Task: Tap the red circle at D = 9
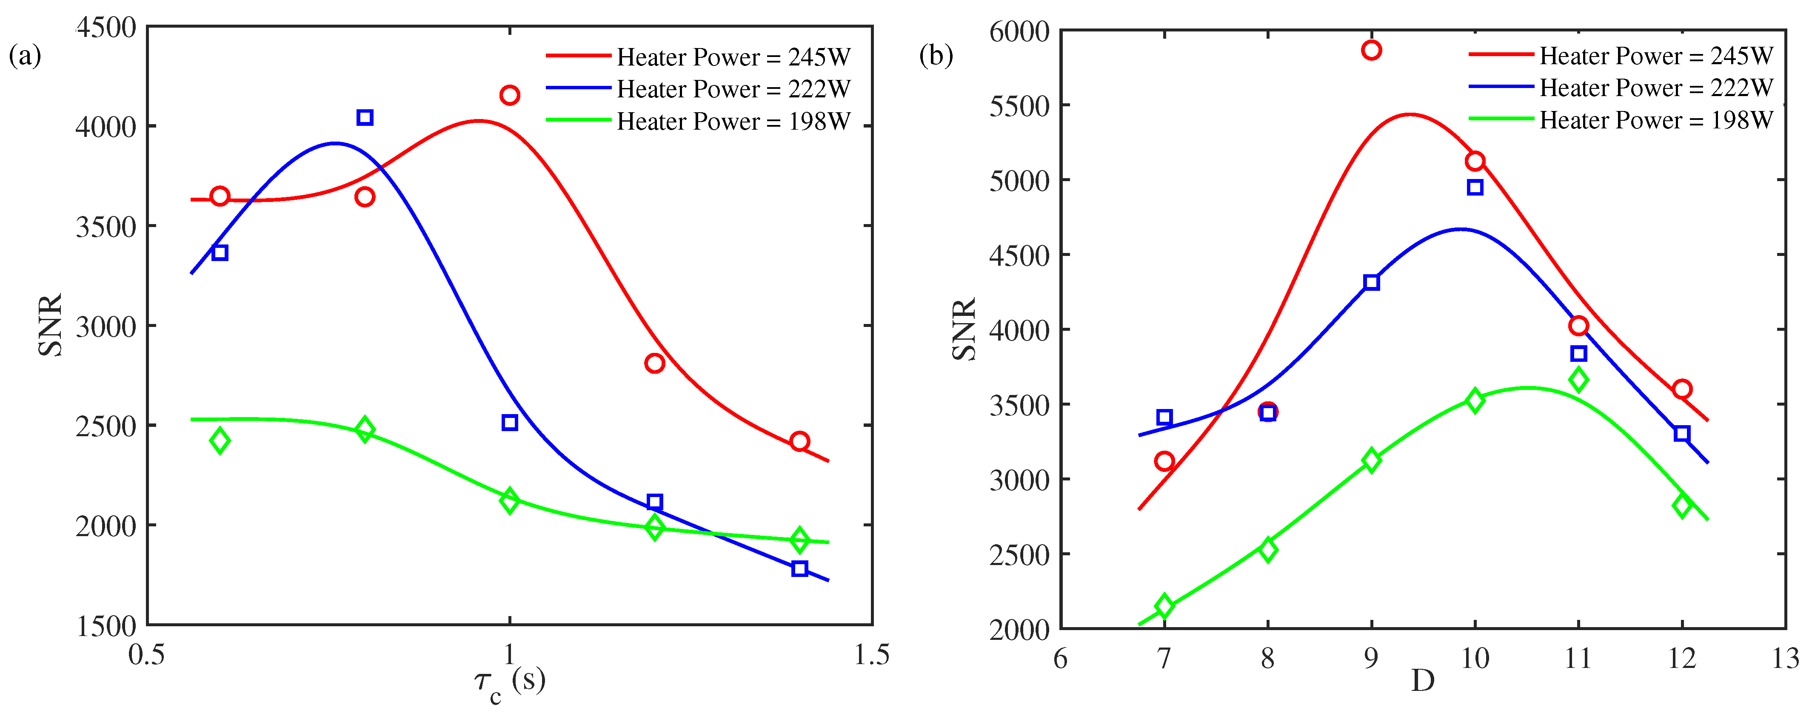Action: coord(1371,50)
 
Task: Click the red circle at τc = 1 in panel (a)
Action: coord(509,95)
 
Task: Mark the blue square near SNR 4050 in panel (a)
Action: coord(364,117)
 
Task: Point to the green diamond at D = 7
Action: coord(1164,605)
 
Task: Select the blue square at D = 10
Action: coord(1475,187)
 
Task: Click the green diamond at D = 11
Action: coord(1578,380)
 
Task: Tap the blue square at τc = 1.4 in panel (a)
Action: coord(799,568)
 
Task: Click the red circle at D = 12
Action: coord(1682,389)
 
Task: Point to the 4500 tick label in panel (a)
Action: coord(106,28)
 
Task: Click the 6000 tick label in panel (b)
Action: coord(1019,31)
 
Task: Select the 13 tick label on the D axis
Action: coord(1785,659)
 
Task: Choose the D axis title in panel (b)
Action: coord(1422,681)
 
